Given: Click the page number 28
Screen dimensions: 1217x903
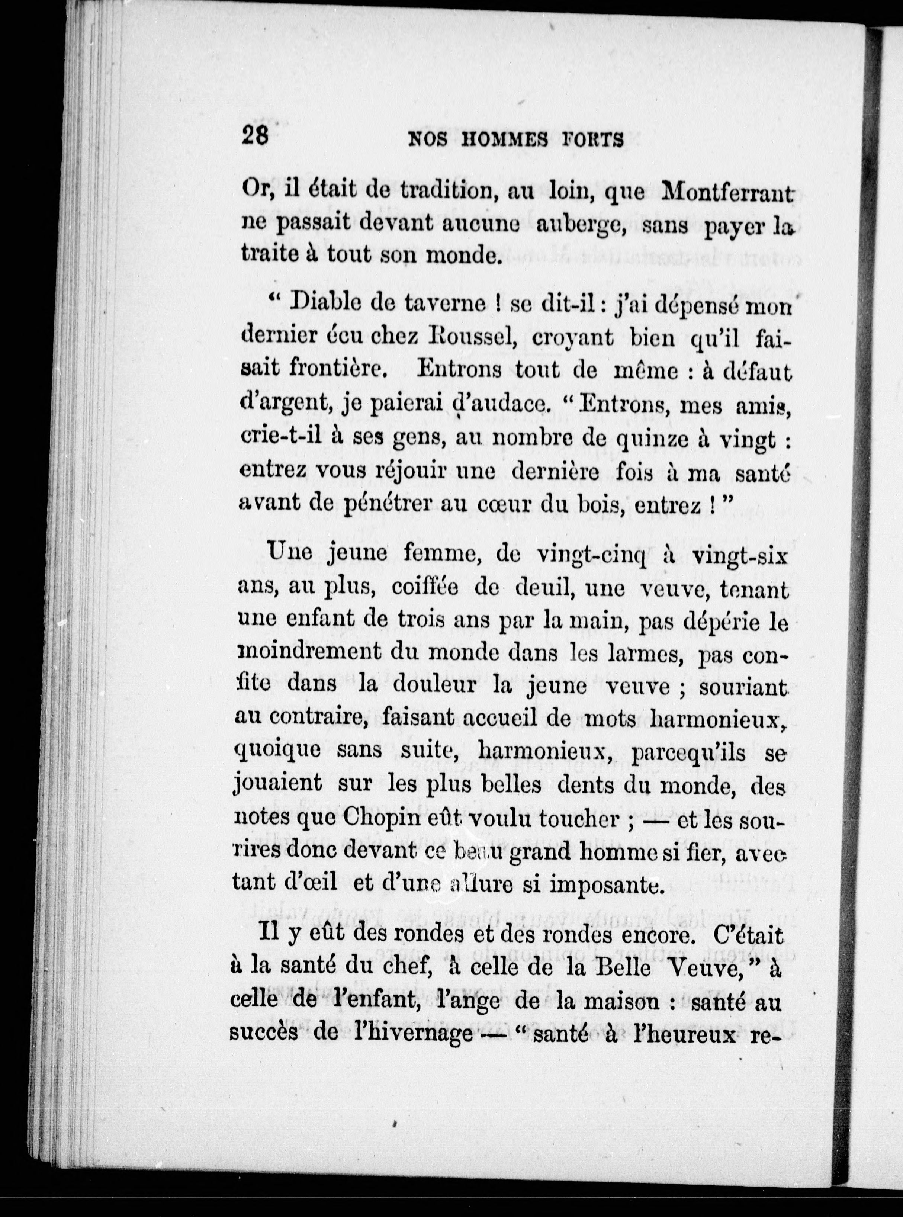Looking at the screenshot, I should (x=255, y=135).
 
